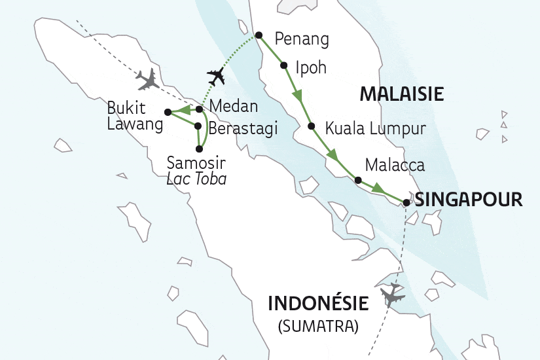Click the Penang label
[302, 39]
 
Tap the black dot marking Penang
[259, 35]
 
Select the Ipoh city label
[311, 67]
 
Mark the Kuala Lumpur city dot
[311, 126]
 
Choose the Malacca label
[395, 165]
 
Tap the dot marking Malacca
[357, 180]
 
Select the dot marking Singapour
[406, 203]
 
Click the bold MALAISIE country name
[402, 94]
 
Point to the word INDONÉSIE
[319, 304]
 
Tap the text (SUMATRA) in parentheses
[319, 325]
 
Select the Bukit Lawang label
[136, 117]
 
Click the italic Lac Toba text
[197, 178]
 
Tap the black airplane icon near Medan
[215, 78]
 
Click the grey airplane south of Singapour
[393, 295]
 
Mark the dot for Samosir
[199, 149]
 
